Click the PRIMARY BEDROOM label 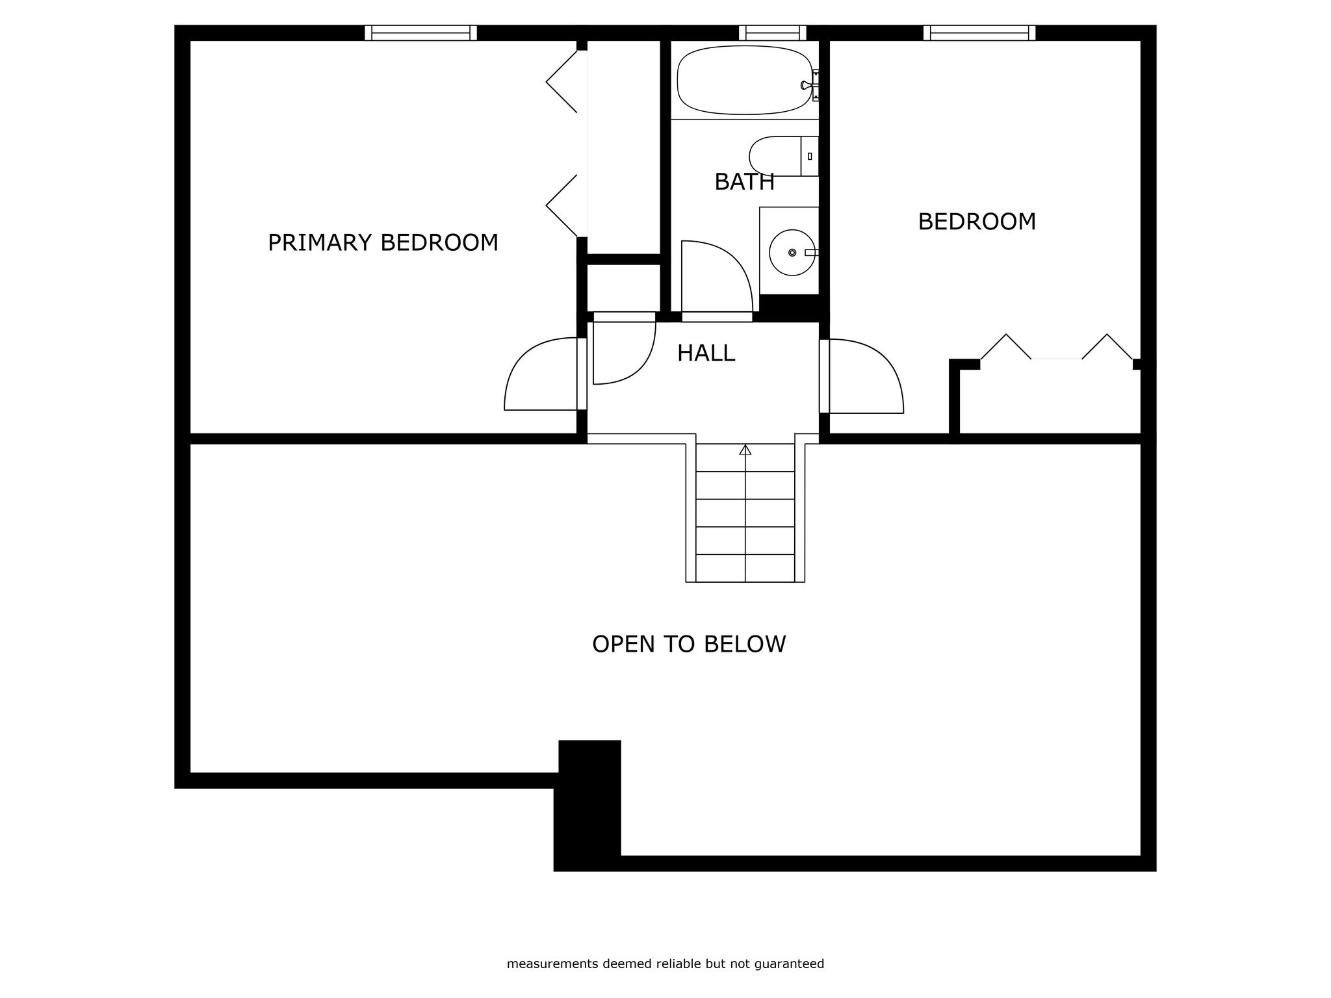pyautogui.click(x=383, y=243)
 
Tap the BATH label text pyautogui.click(x=744, y=182)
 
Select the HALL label pyautogui.click(x=706, y=353)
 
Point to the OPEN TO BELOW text pyautogui.click(x=689, y=644)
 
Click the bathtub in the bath pyautogui.click(x=744, y=80)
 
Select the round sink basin pyautogui.click(x=792, y=252)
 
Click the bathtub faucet pyautogui.click(x=807, y=84)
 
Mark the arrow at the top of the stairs pyautogui.click(x=745, y=449)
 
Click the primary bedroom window pyautogui.click(x=420, y=32)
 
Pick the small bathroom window pyautogui.click(x=772, y=32)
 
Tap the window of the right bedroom pyautogui.click(x=979, y=32)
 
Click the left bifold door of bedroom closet pyautogui.click(x=1006, y=347)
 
